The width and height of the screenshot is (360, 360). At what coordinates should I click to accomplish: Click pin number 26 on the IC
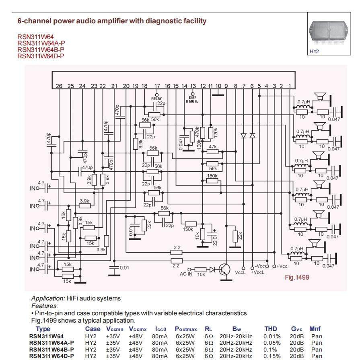[59, 86]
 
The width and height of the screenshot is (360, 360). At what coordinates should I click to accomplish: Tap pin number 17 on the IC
[157, 86]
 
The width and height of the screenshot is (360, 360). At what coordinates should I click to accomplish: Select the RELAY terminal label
[156, 99]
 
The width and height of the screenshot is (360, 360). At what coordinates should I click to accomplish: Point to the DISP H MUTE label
[192, 99]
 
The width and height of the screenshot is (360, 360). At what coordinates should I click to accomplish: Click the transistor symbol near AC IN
[224, 269]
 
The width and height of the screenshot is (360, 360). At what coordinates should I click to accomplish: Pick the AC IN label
[186, 274]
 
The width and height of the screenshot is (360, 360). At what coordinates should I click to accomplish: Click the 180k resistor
[212, 181]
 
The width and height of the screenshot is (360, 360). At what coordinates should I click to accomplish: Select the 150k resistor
[191, 224]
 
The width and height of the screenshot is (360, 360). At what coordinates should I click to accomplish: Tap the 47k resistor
[213, 152]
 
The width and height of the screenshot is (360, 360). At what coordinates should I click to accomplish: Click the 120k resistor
[210, 133]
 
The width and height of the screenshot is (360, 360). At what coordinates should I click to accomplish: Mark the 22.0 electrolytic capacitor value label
[215, 240]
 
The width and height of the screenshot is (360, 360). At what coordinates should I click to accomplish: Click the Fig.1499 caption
[297, 278]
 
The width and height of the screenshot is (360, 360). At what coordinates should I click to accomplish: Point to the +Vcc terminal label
[282, 266]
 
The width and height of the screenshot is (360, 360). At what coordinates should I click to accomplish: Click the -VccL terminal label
[239, 273]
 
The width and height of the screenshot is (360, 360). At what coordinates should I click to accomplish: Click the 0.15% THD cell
[272, 356]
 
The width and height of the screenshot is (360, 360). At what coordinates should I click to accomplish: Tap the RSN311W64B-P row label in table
[51, 350]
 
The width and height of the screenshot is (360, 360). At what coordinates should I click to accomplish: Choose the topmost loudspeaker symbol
[320, 97]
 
